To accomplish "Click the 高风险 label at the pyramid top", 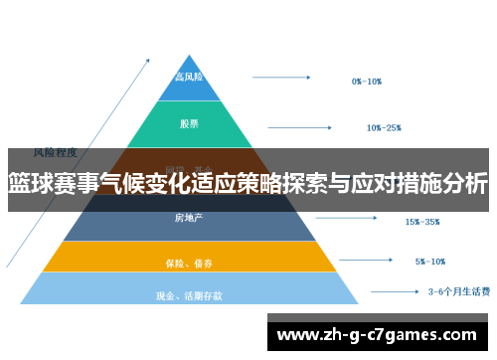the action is point(189,77).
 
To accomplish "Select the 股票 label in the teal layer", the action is point(189,124).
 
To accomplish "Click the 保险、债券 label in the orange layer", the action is point(189,264).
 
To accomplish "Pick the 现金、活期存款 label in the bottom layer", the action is point(189,295).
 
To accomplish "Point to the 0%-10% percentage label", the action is point(367,82).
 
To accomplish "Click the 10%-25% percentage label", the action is point(384,127).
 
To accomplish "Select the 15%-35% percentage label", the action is point(422,222).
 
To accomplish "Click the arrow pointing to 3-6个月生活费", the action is point(393,292).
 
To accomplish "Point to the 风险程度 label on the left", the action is point(56,152).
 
